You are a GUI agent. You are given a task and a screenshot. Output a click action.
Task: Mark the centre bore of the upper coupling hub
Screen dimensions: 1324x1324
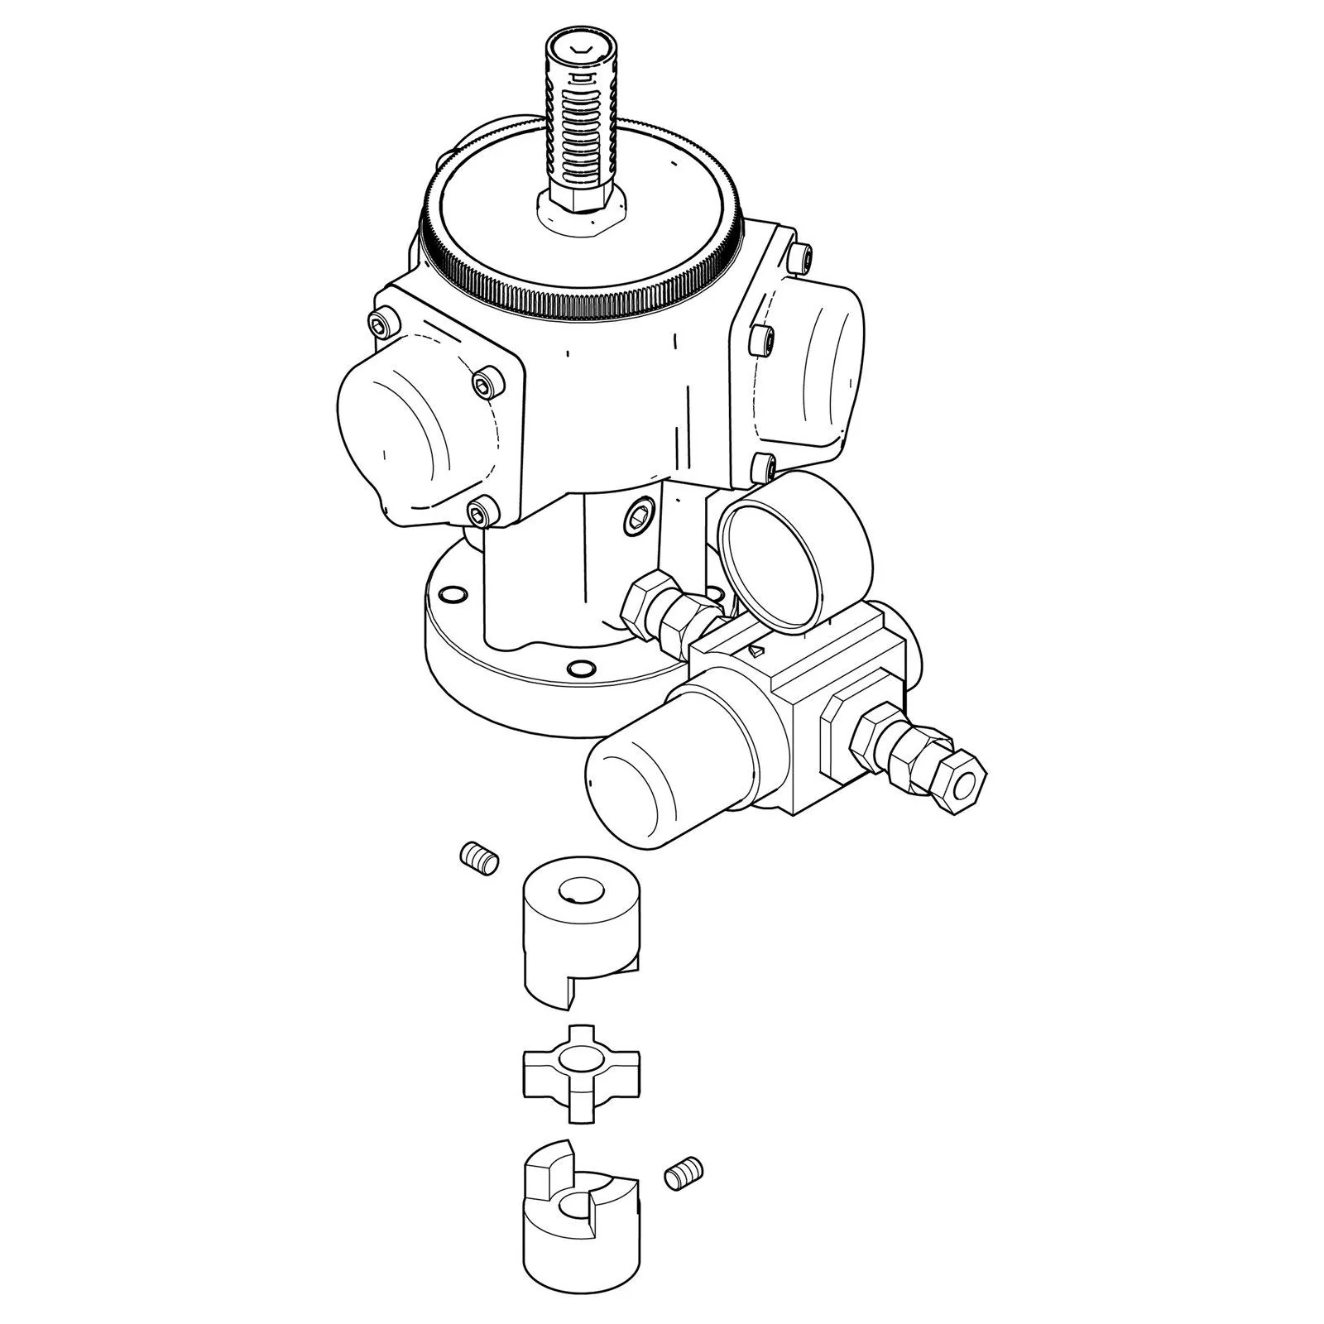577,891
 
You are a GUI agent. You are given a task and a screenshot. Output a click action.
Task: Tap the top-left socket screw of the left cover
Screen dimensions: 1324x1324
381,325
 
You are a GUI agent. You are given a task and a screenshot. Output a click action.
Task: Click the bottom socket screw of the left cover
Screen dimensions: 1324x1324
480,513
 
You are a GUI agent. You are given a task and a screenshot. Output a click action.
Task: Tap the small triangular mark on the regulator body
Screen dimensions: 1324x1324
754,651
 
